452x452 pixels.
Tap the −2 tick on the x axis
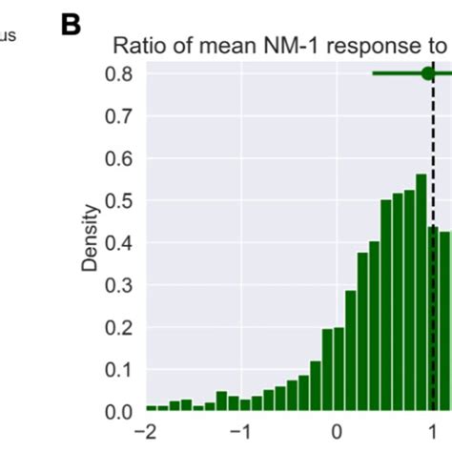click(x=146, y=431)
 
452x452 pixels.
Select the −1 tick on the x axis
click(x=240, y=431)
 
